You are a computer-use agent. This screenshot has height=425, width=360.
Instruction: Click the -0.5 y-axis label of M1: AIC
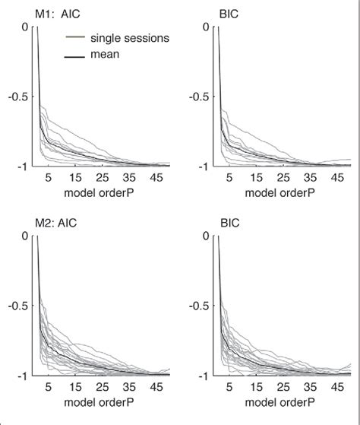(x=17, y=96)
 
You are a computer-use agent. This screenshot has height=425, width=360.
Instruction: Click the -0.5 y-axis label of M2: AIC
(x=17, y=306)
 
